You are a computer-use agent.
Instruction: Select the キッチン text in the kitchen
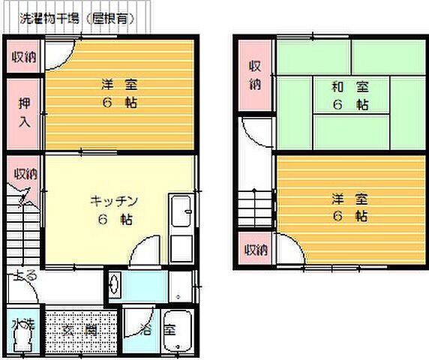[114, 200]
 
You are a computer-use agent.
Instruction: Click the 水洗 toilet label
[23, 325]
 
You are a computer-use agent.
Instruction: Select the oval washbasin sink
[113, 286]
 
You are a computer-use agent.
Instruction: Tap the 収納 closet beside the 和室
[255, 75]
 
